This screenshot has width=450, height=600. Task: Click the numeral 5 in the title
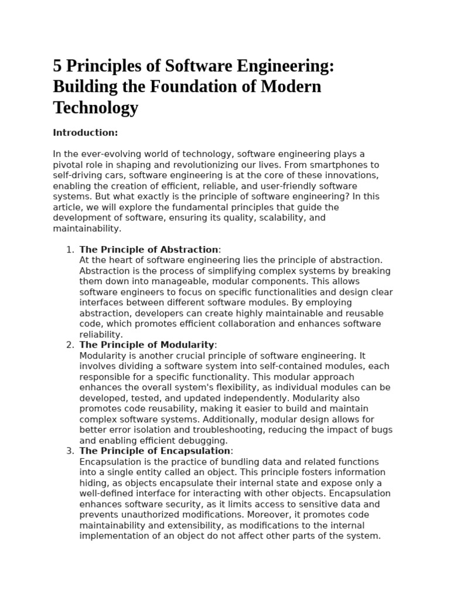pyautogui.click(x=58, y=66)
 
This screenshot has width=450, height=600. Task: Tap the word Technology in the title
pyautogui.click(x=96, y=107)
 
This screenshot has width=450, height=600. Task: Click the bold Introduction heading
pyautogui.click(x=85, y=133)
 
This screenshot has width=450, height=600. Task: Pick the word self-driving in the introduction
pyautogui.click(x=79, y=175)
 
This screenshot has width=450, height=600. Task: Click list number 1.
pyautogui.click(x=70, y=250)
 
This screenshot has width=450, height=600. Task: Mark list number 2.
pyautogui.click(x=70, y=345)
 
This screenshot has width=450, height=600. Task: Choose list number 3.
pyautogui.click(x=70, y=451)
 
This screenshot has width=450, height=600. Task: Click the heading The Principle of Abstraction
pyautogui.click(x=149, y=250)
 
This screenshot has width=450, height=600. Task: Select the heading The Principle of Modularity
pyautogui.click(x=148, y=345)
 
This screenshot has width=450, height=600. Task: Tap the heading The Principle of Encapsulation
pyautogui.click(x=155, y=451)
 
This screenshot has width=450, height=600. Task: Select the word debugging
pyautogui.click(x=206, y=440)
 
